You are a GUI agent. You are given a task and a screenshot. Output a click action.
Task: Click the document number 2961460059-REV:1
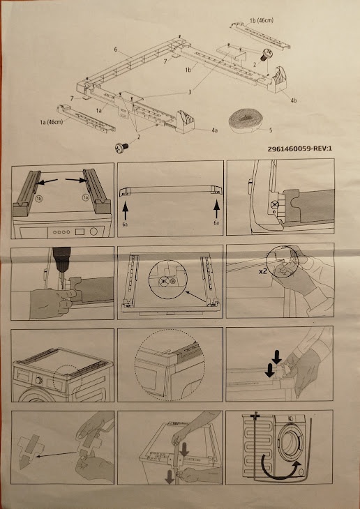click(x=299, y=149)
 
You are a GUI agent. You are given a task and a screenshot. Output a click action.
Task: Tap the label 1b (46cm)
click(x=261, y=20)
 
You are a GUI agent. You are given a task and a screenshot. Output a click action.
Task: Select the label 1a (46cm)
click(x=52, y=122)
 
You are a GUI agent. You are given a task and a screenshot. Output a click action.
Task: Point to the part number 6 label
click(x=116, y=50)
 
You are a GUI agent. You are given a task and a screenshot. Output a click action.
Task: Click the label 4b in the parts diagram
click(x=294, y=100)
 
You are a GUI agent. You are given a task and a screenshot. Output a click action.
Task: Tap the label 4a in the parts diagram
click(x=214, y=130)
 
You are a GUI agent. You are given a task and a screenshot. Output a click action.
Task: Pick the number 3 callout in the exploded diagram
click(x=190, y=92)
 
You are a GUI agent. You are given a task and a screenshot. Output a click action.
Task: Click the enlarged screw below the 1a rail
click(x=121, y=148)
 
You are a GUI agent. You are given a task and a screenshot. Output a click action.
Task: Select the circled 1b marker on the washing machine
click(x=38, y=199)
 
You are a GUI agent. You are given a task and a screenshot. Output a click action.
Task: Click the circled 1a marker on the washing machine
click(x=86, y=197)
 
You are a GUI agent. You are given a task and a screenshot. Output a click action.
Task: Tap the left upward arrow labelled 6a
click(x=126, y=211)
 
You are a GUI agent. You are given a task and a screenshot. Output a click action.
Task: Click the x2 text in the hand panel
click(x=262, y=271)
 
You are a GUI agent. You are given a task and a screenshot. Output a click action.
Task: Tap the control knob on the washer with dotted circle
click(x=39, y=381)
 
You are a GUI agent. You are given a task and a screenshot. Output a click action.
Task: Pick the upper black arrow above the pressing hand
click(x=276, y=357)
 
